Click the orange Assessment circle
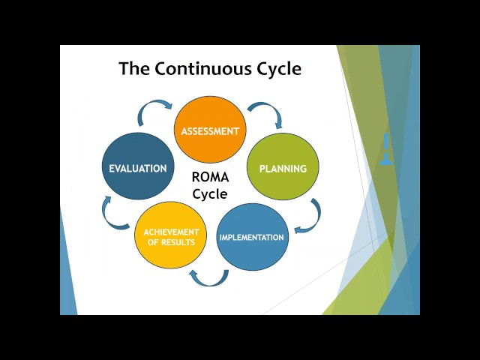point(210,130)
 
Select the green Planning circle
point(283,166)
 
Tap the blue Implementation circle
point(252,237)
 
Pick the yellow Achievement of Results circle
point(170,235)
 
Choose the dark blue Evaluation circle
point(138,166)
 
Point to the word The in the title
point(134,68)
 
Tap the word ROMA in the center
point(210,177)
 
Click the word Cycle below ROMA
point(210,194)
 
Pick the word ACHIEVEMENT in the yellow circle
point(172,232)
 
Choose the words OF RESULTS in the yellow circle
point(171,242)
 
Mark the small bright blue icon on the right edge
point(386,148)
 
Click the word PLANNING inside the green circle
point(283,169)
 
